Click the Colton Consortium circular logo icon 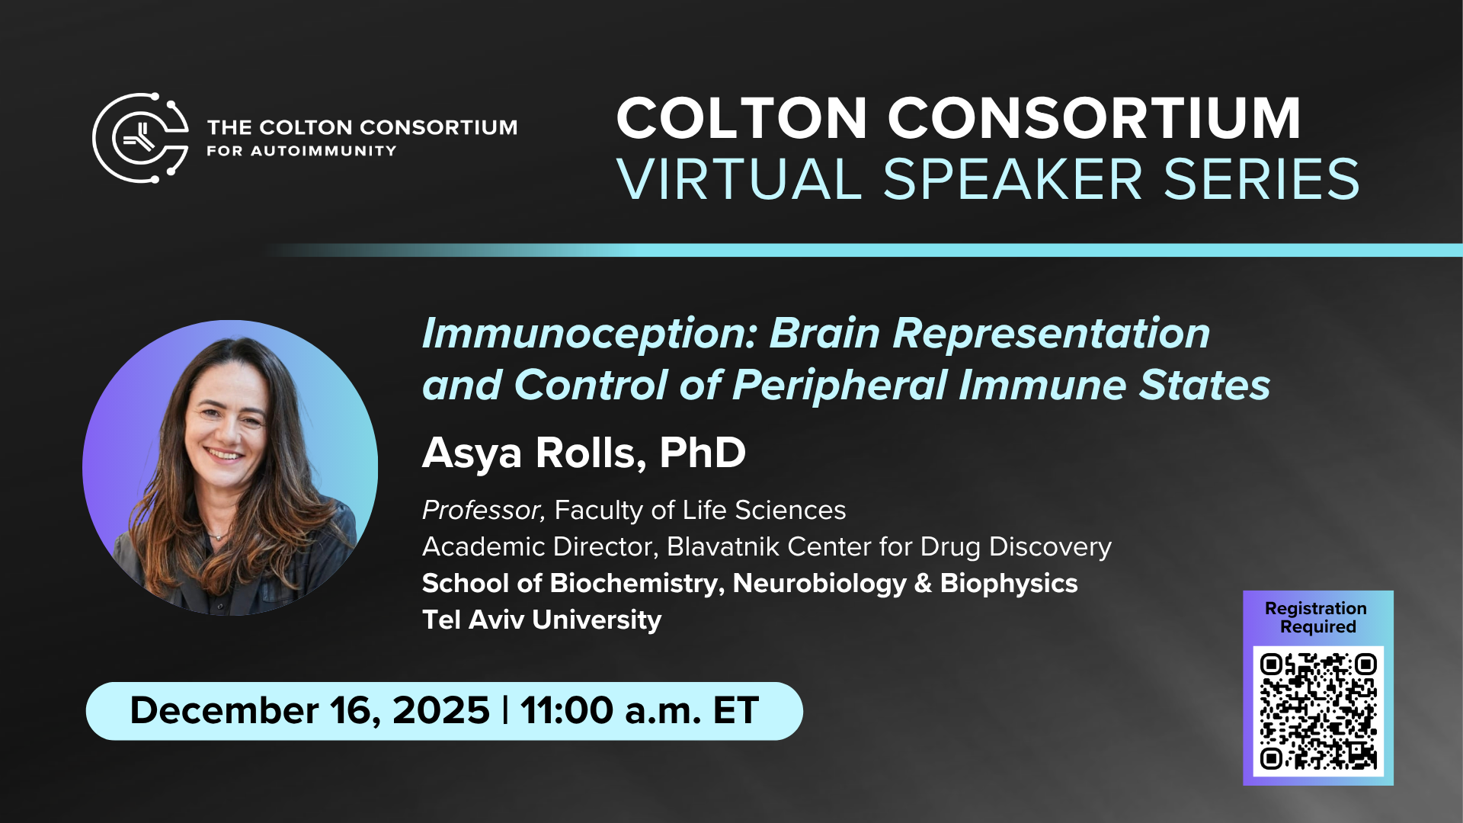pyautogui.click(x=141, y=138)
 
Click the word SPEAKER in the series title pyautogui.click(x=1013, y=180)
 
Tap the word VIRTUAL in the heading pyautogui.click(x=739, y=180)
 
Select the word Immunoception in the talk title pyautogui.click(x=590, y=334)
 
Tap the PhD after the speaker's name pyautogui.click(x=703, y=452)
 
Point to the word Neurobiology pyautogui.click(x=820, y=584)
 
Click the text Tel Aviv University pyautogui.click(x=542, y=620)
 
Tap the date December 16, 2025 pyautogui.click(x=309, y=710)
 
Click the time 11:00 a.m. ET pyautogui.click(x=639, y=710)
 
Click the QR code pyautogui.click(x=1318, y=711)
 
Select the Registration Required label pyautogui.click(x=1316, y=617)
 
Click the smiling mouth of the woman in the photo pyautogui.click(x=225, y=455)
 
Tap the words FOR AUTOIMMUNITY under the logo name pyautogui.click(x=302, y=151)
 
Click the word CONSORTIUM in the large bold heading pyautogui.click(x=1094, y=118)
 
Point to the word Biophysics pyautogui.click(x=1009, y=584)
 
